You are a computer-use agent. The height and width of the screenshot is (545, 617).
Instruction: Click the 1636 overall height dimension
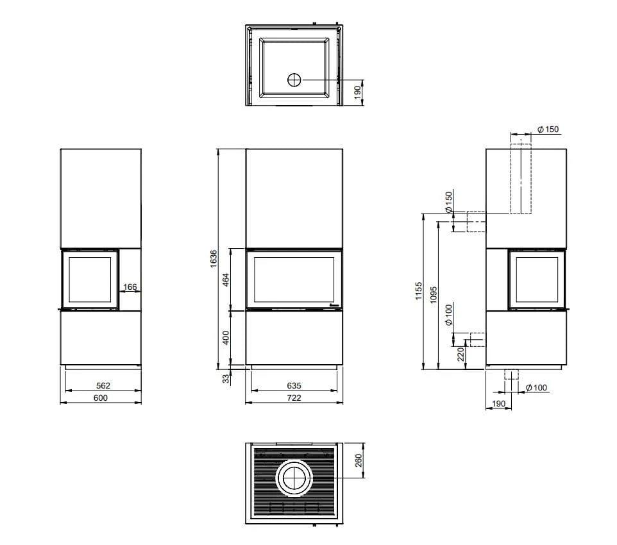pos(214,258)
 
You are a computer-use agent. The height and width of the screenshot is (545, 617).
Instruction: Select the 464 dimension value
pos(226,280)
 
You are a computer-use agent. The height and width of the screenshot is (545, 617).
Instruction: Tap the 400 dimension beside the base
pos(226,338)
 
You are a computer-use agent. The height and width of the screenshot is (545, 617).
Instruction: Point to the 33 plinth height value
pos(226,378)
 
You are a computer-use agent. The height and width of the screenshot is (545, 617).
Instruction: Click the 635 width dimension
pos(294,385)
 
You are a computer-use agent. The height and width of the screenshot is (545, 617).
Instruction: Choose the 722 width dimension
pos(294,398)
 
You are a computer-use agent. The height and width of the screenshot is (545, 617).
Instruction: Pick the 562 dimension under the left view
pos(103,385)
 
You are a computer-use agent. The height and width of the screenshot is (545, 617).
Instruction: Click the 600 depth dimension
pos(101,398)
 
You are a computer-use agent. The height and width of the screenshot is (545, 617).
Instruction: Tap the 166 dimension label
pos(130,287)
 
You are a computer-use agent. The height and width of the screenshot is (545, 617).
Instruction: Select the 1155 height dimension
pos(418,291)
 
